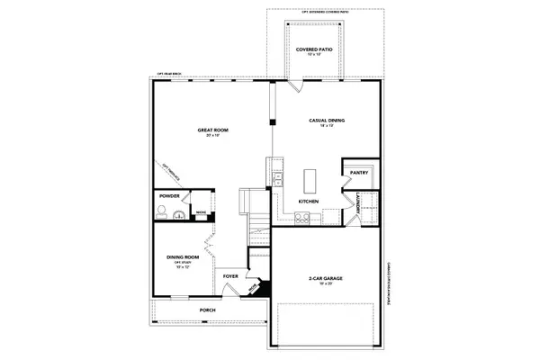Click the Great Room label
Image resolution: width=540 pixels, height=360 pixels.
click(213, 131)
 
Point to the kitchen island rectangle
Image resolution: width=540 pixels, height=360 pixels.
click(310, 175)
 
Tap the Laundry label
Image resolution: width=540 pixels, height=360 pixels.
click(358, 205)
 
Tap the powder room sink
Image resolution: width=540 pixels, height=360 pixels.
click(178, 214)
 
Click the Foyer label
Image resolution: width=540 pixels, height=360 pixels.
click(230, 276)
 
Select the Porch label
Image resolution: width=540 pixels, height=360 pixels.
click(208, 310)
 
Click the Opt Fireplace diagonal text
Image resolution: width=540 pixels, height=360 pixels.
click(172, 172)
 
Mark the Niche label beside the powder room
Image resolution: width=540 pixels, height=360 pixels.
click(200, 212)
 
